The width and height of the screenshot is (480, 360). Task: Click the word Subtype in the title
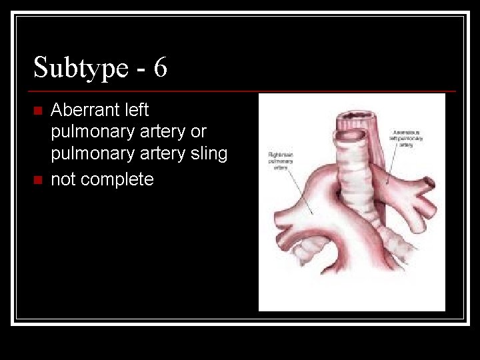tap(81, 67)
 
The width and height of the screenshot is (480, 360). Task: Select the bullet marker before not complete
tap(38, 180)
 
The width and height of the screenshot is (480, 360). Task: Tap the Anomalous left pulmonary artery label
tap(409, 138)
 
